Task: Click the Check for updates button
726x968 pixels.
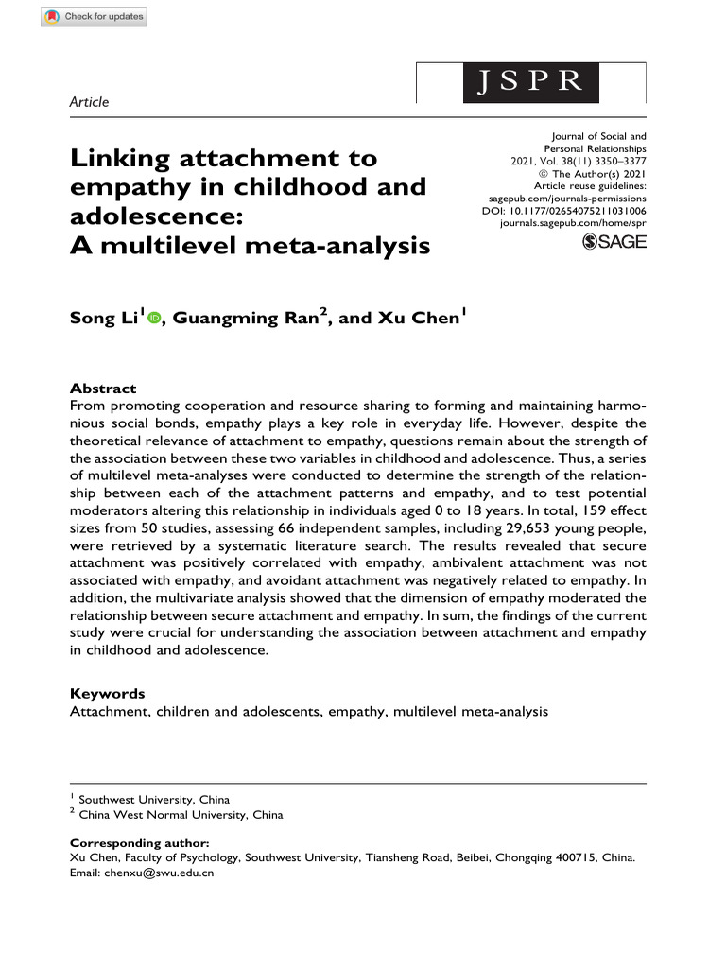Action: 94,16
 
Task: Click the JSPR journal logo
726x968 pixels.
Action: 530,82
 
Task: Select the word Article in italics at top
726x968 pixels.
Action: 90,102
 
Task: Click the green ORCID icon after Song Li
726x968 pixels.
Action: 154,320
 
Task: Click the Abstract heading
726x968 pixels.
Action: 103,389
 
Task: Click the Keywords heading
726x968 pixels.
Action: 108,693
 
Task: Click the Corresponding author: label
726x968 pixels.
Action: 140,842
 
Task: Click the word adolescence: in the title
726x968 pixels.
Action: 157,216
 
